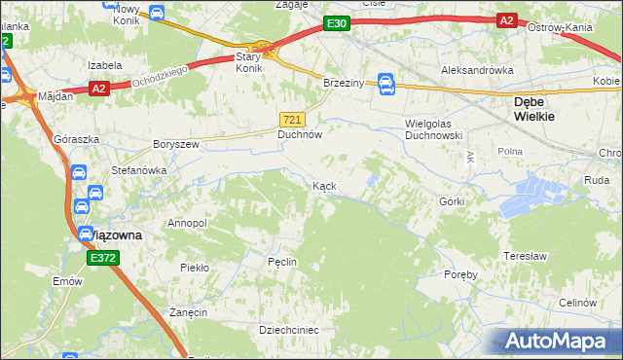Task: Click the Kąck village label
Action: click(325, 185)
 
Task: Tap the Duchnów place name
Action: click(300, 135)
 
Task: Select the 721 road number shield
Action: click(296, 119)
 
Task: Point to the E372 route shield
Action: click(102, 257)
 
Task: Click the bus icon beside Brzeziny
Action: click(385, 84)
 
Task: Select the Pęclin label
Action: click(282, 262)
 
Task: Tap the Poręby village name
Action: click(458, 274)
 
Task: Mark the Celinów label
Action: click(577, 303)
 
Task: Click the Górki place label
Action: click(452, 201)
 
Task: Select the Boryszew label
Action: click(175, 144)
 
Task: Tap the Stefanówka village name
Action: click(138, 169)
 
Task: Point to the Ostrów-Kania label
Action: click(561, 27)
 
